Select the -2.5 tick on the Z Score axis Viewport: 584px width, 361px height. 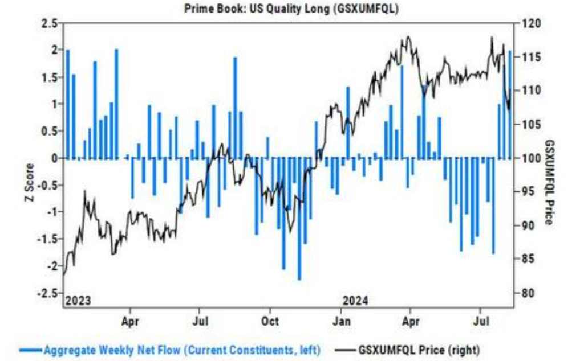pyautogui.click(x=48, y=293)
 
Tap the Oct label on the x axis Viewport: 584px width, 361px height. pyautogui.click(x=270, y=321)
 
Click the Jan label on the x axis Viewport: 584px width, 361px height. pyautogui.click(x=340, y=321)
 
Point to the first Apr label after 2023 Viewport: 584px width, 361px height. pyautogui.click(x=130, y=321)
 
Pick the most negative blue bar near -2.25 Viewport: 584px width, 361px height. pyautogui.click(x=299, y=219)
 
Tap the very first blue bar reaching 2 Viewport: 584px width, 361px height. pyautogui.click(x=68, y=104)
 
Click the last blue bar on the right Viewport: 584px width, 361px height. pyautogui.click(x=510, y=105)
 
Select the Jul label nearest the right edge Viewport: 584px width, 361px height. pyautogui.click(x=482, y=321)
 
